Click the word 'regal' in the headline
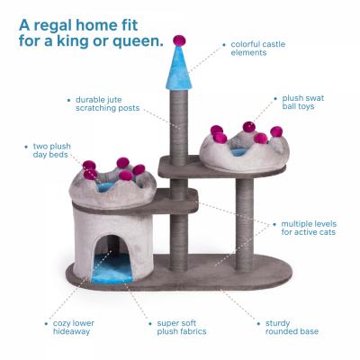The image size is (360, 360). [54, 26]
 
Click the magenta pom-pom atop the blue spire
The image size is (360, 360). [179, 40]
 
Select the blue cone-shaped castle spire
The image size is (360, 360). [179, 68]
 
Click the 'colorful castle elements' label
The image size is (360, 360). [258, 49]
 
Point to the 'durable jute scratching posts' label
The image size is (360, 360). [108, 103]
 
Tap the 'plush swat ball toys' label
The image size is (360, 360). [303, 102]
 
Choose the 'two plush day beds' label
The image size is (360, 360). [52, 150]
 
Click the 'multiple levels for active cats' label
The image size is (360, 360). [309, 228]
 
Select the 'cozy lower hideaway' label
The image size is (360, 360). [74, 328]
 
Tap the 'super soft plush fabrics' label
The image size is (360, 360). [182, 328]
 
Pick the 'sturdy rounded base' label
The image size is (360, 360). [292, 328]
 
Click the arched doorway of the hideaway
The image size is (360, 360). [112, 258]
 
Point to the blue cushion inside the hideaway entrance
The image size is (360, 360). [112, 269]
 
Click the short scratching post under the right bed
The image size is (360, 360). [245, 225]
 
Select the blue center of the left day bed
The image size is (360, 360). [106, 187]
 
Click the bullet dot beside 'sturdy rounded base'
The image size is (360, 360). [258, 324]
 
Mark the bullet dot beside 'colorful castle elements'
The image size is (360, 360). [224, 45]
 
